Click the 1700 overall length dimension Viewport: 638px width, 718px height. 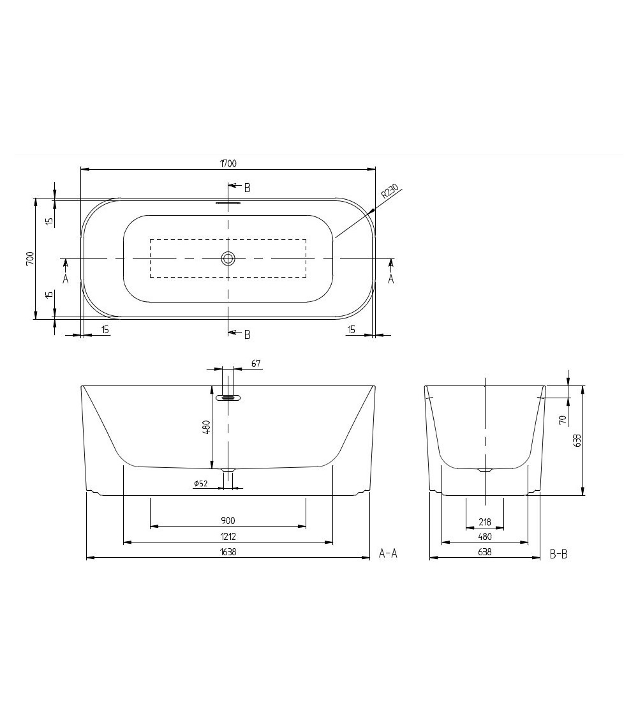[x=228, y=163]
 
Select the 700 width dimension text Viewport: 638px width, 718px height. [x=30, y=258]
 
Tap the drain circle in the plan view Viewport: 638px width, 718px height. [x=228, y=258]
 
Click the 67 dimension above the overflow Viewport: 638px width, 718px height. [x=256, y=364]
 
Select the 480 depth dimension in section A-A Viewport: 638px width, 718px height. [x=206, y=427]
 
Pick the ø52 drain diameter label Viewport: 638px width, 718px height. [x=201, y=484]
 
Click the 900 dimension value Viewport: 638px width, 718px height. [x=228, y=521]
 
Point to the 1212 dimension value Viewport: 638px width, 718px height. [x=228, y=537]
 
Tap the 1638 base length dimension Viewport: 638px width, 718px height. [x=228, y=552]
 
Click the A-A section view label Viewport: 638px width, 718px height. [x=388, y=553]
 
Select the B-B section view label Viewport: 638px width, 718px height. [x=558, y=554]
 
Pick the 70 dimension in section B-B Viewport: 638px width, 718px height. [x=562, y=420]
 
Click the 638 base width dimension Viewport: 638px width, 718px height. [x=485, y=553]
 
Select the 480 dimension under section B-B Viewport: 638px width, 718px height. [x=485, y=537]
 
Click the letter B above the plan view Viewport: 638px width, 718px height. [x=247, y=188]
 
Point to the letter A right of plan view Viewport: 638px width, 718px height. [x=391, y=279]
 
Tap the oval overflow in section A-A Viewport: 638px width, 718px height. [x=228, y=398]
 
